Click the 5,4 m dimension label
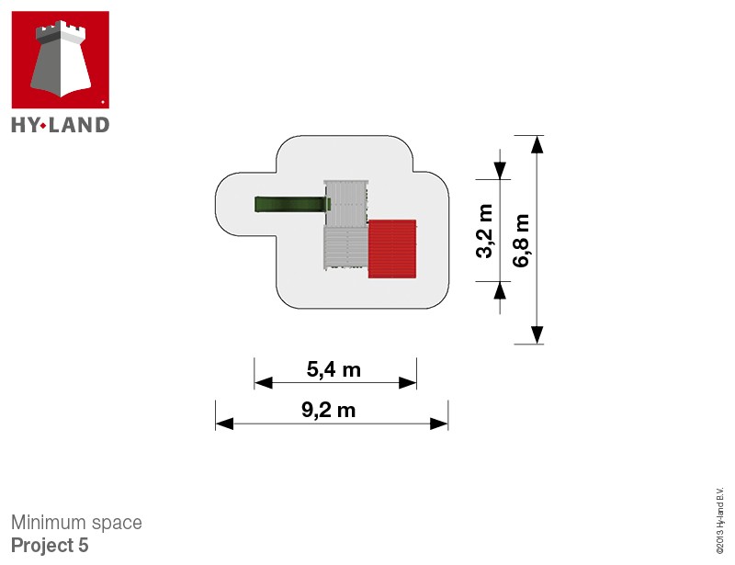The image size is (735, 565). [x=334, y=369]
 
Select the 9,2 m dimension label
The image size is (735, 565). [x=329, y=411]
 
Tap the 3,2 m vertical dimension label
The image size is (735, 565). [x=485, y=231]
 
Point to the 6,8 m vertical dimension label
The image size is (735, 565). [x=521, y=241]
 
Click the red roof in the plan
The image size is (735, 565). [x=392, y=249]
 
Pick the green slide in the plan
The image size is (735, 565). [x=292, y=205]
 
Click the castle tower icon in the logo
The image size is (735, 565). [x=61, y=59]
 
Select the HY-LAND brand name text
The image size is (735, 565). [x=61, y=125]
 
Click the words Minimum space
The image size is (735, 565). [x=76, y=523]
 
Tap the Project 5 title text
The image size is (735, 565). [x=50, y=546]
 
